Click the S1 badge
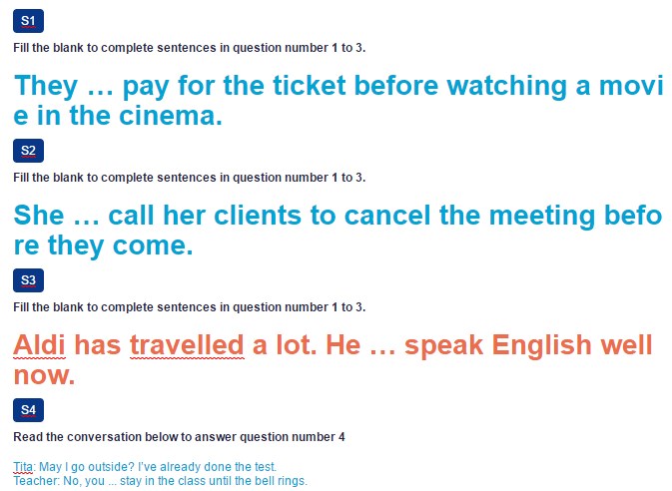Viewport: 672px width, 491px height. coord(28,21)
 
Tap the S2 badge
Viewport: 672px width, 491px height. coord(28,151)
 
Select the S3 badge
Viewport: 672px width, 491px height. coord(28,280)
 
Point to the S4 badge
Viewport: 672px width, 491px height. coord(28,410)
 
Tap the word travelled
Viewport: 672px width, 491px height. coord(187,345)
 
